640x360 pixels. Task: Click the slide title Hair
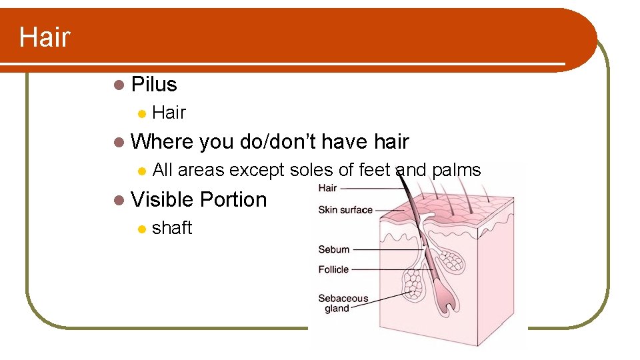click(44, 37)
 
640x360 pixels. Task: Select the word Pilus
click(154, 85)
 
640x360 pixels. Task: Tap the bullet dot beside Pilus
click(119, 85)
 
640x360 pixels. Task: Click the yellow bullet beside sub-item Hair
click(141, 113)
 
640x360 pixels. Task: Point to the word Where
click(162, 142)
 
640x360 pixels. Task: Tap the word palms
click(456, 171)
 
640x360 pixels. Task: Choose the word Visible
click(162, 200)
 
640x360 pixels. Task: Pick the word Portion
click(233, 200)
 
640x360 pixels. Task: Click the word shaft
click(172, 228)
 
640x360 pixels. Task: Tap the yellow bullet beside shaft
click(141, 229)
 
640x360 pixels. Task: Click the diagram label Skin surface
click(345, 210)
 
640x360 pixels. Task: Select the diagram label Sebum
click(334, 249)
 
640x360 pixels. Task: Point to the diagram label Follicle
click(333, 269)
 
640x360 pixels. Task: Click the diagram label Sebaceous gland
click(343, 303)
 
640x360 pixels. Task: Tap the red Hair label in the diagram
click(327, 188)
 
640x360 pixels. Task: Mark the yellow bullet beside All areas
click(141, 171)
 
